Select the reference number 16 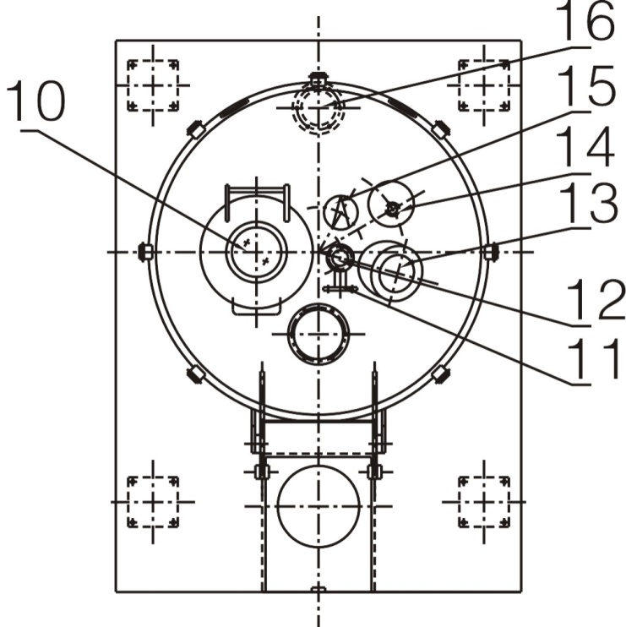click(x=589, y=24)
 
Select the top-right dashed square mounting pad click(x=483, y=85)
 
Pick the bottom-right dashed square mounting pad click(x=483, y=501)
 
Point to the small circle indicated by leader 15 click(x=338, y=210)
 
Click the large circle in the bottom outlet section click(x=318, y=505)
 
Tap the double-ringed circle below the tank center click(x=318, y=334)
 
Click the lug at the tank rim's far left click(x=145, y=252)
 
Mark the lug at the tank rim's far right click(x=492, y=252)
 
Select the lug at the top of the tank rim click(x=318, y=79)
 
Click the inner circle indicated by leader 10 click(x=256, y=252)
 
